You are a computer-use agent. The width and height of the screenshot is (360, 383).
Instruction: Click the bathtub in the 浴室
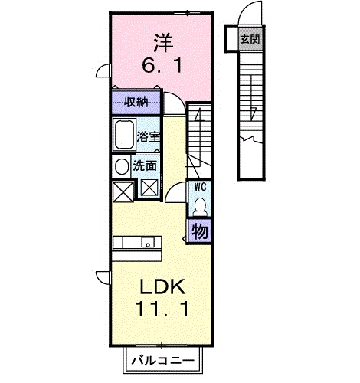(123, 137)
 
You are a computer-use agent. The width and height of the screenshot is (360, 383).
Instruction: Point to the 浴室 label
(149, 138)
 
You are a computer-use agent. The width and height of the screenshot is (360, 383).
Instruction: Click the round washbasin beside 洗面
(122, 166)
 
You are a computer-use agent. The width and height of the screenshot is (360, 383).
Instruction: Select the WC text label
(199, 187)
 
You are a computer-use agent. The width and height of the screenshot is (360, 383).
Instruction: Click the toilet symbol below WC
(199, 207)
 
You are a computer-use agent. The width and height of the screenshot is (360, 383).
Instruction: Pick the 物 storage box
(199, 231)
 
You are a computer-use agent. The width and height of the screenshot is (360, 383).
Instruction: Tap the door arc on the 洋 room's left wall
(101, 70)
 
